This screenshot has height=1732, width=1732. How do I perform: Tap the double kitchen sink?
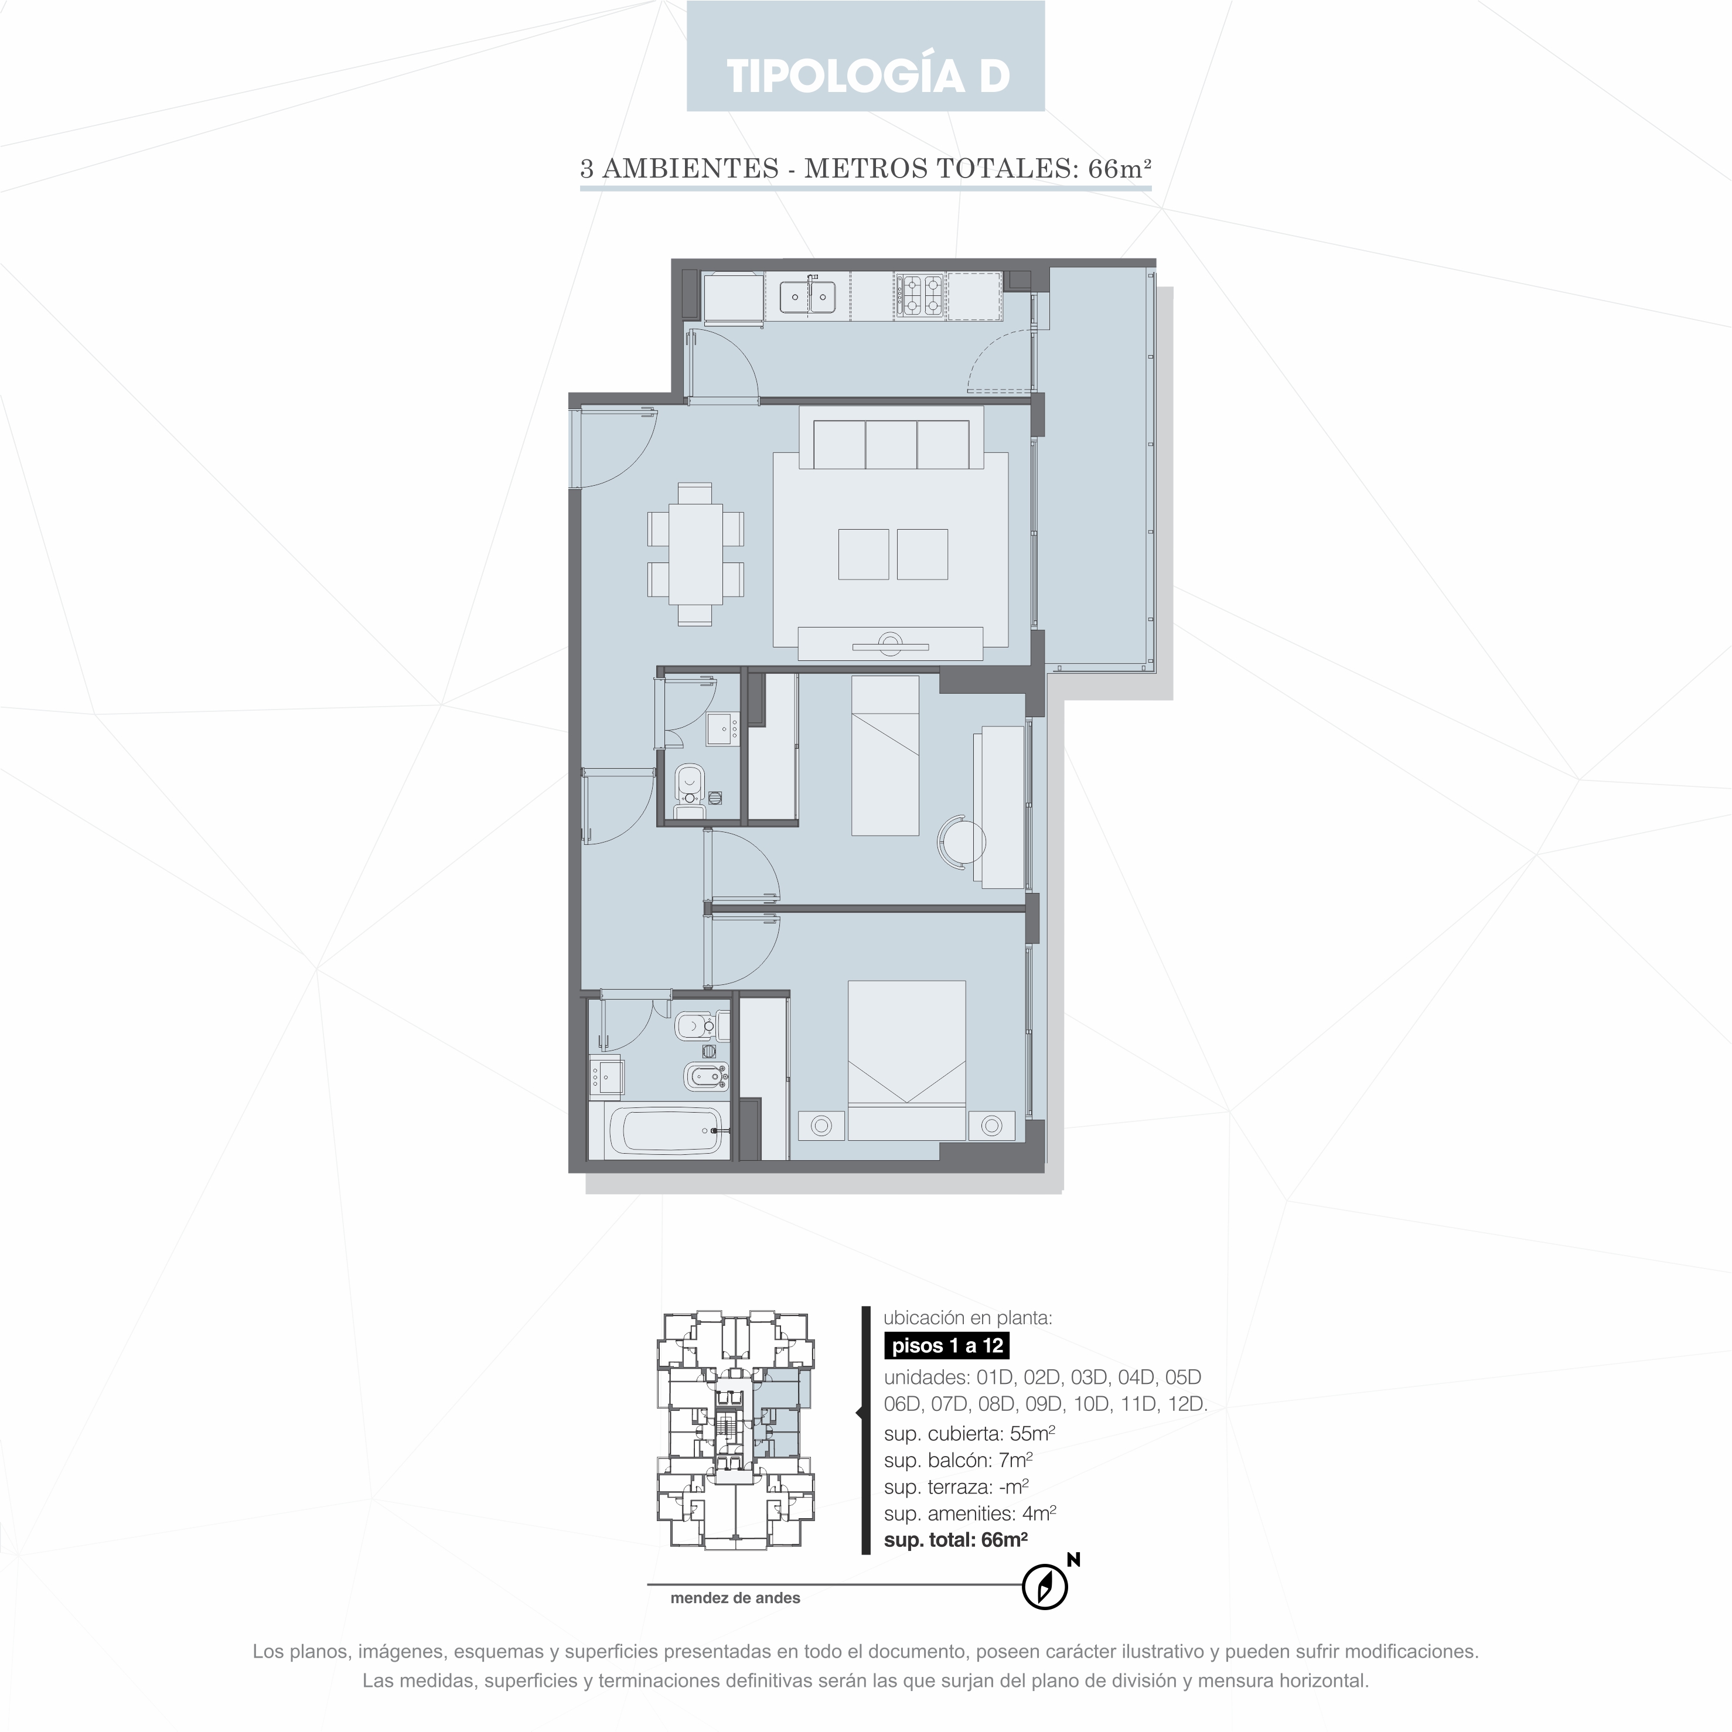click(x=808, y=296)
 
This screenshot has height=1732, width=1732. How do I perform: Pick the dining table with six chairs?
click(x=695, y=554)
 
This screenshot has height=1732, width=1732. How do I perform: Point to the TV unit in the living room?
click(x=890, y=644)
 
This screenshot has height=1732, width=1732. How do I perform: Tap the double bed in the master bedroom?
click(x=906, y=1059)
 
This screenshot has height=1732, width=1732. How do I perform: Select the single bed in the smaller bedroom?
click(x=885, y=755)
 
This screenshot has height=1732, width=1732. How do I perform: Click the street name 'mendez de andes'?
click(x=735, y=1597)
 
